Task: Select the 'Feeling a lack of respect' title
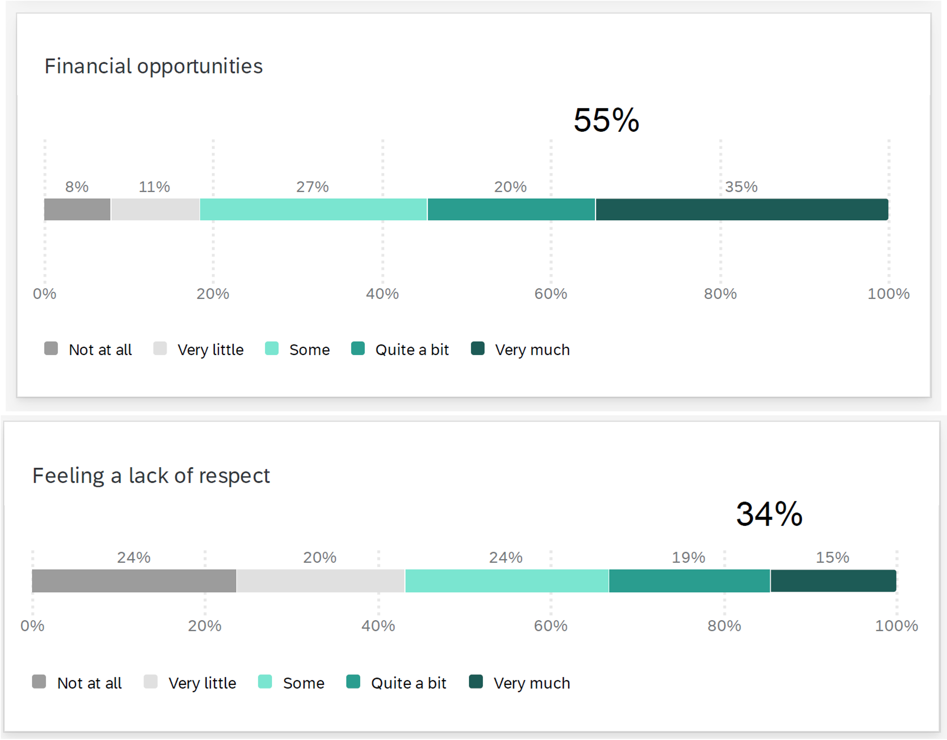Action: [151, 476]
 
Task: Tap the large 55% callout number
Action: [606, 120]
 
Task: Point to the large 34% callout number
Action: [769, 514]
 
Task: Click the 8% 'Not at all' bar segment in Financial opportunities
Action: [77, 210]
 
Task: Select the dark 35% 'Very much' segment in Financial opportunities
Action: [742, 210]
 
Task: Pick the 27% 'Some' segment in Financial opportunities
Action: [313, 210]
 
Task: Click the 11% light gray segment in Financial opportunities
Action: [155, 210]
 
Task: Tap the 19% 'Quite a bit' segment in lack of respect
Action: [689, 581]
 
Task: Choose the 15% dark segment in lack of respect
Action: [833, 581]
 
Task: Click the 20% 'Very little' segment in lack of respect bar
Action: [321, 581]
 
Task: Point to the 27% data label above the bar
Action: [312, 187]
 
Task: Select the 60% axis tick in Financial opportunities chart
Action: [551, 294]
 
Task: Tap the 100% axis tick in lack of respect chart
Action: [896, 626]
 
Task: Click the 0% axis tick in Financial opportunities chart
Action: [45, 294]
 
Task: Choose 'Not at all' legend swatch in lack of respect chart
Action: [39, 682]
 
